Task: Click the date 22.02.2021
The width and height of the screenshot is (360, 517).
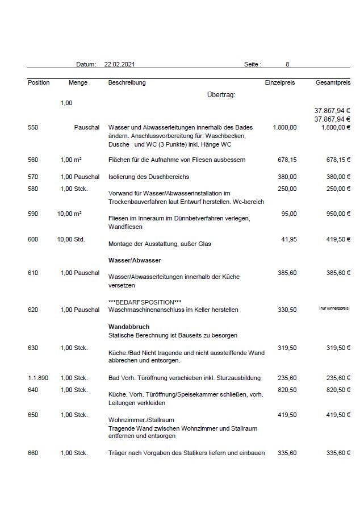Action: [119, 65]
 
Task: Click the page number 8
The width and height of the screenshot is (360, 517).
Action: [287, 65]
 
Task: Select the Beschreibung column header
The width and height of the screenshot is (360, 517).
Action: [127, 82]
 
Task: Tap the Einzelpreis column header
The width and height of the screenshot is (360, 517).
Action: [280, 82]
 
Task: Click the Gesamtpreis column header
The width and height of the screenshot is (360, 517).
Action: [333, 82]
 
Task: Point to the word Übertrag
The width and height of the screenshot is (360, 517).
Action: [221, 94]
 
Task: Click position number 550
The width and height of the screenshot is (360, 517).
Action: [33, 127]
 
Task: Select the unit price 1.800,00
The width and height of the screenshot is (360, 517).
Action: [284, 127]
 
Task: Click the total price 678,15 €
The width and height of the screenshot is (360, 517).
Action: [337, 160]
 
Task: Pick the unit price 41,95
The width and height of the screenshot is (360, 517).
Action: [288, 239]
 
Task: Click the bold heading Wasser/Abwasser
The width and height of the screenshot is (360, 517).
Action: [135, 260]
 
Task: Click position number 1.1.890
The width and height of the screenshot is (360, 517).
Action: [39, 377]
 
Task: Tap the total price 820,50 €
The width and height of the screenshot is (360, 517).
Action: [337, 390]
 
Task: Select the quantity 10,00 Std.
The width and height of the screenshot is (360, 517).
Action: [71, 239]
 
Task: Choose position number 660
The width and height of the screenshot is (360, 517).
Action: [33, 453]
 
